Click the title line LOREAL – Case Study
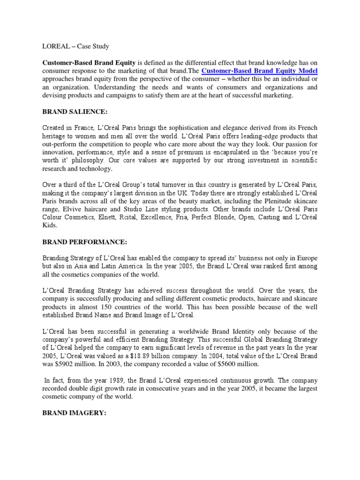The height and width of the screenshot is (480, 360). click(75, 46)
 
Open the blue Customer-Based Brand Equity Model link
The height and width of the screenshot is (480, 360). click(259, 71)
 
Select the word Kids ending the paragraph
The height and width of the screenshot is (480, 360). click(50, 225)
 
